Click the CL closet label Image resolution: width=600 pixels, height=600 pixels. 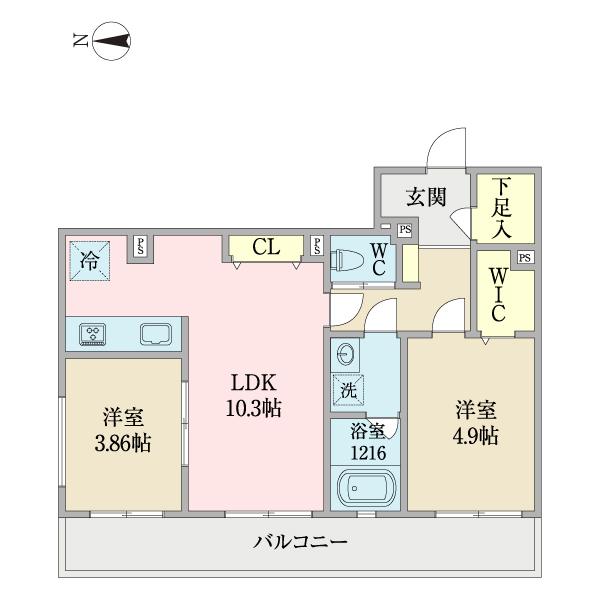(x=265, y=247)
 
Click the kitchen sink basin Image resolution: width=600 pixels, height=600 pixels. (x=156, y=334)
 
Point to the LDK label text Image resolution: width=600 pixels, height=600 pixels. (x=254, y=385)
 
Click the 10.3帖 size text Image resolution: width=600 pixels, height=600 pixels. (x=254, y=409)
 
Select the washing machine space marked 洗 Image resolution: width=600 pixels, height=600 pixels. (x=348, y=391)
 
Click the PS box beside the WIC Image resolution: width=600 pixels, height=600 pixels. (x=525, y=258)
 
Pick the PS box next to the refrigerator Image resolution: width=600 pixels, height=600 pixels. (x=141, y=246)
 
